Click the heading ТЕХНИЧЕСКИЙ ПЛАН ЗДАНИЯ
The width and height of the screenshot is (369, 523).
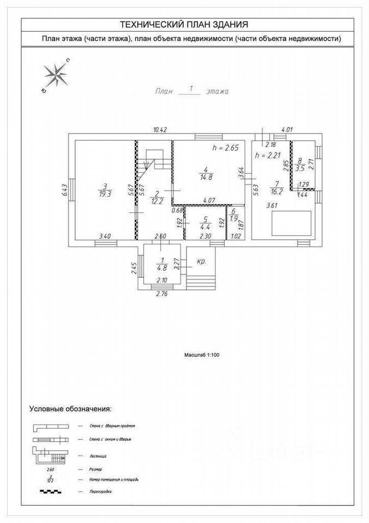tap(184, 25)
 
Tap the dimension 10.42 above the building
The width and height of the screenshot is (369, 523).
tap(160, 129)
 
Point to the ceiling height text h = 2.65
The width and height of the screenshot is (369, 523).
tap(226, 148)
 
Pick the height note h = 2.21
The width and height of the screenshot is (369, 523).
tap(267, 156)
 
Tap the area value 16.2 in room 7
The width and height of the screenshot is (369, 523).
tap(276, 191)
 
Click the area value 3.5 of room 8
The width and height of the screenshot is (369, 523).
tap(300, 168)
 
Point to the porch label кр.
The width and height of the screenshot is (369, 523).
tap(201, 261)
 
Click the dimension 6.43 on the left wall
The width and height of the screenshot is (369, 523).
tap(64, 190)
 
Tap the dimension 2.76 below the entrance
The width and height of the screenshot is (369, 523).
tap(162, 294)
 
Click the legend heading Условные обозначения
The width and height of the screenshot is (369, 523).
tap(70, 408)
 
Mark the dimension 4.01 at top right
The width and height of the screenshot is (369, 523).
tap(286, 130)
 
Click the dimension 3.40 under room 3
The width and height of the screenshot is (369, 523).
tap(105, 236)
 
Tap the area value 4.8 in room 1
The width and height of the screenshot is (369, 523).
tap(162, 267)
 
